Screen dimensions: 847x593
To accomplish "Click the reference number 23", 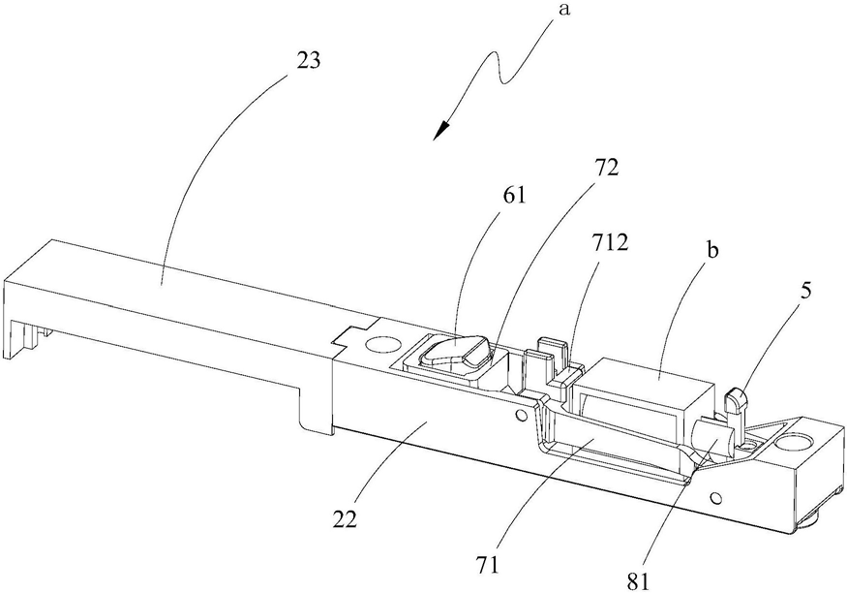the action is [308, 60].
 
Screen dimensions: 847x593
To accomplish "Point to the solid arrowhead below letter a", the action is [441, 129].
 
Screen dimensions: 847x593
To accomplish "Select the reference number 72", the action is [606, 169].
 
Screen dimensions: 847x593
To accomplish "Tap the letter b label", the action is [713, 251].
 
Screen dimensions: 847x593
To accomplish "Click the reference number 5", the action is [805, 291].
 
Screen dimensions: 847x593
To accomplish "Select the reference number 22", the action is [345, 520].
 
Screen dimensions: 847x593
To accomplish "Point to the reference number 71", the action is [488, 565].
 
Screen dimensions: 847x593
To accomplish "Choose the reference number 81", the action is [639, 581].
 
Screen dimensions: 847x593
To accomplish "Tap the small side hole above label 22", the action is [521, 415].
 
